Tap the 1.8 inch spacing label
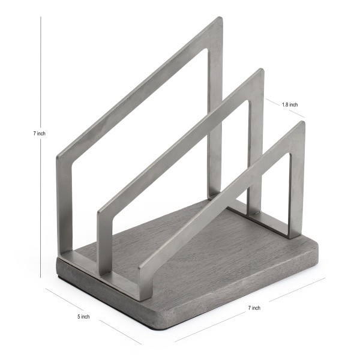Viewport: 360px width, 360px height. click(290, 104)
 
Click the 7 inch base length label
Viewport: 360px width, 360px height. click(254, 308)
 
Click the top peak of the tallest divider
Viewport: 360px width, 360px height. click(218, 20)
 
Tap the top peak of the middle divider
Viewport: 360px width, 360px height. click(259, 73)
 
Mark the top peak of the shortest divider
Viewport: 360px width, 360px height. click(300, 125)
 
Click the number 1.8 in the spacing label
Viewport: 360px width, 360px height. click(285, 104)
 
